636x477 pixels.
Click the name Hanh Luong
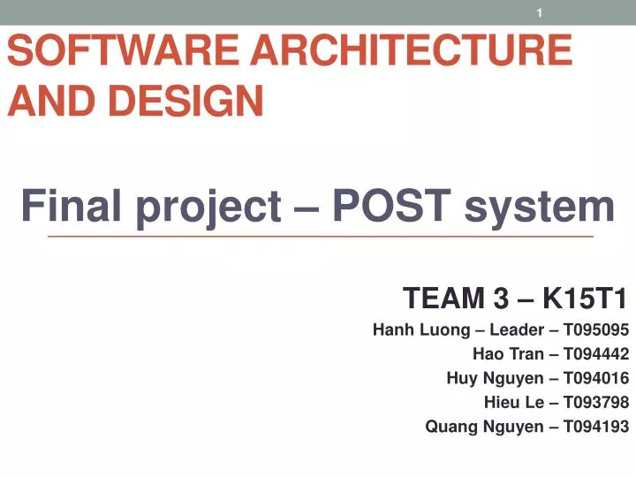417,331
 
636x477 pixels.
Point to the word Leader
513,331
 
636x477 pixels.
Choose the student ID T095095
595,331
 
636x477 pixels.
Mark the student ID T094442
595,355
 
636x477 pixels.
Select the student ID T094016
595,379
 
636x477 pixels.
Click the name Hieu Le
513,403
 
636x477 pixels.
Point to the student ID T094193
595,427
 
